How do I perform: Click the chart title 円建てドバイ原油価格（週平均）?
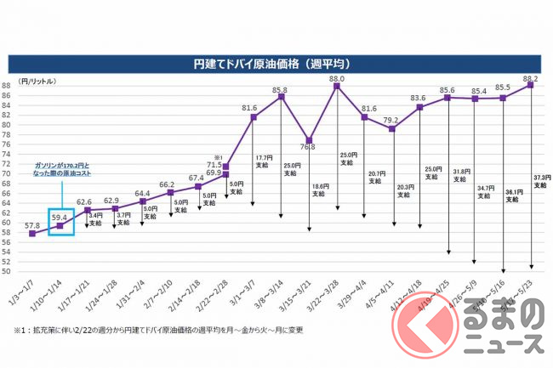point(276,63)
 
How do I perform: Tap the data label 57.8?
point(32,225)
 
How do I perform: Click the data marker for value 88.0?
point(337,87)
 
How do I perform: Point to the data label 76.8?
point(310,147)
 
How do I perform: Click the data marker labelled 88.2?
point(530,85)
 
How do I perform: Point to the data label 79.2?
point(392,120)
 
